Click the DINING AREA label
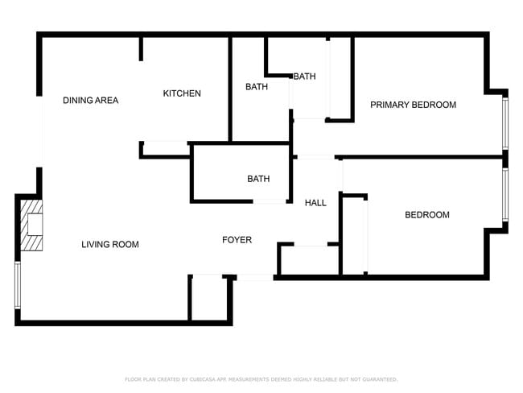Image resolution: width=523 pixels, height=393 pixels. click(x=91, y=101)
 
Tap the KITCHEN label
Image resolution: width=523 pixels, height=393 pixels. click(x=182, y=93)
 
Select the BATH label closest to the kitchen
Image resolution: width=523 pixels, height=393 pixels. click(x=257, y=87)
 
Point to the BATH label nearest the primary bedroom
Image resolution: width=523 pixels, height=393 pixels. click(x=304, y=77)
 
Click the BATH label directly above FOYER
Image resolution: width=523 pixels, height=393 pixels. click(x=258, y=179)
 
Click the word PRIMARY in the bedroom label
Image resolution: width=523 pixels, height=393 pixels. click(x=389, y=105)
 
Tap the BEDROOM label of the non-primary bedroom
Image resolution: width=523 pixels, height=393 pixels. click(x=426, y=215)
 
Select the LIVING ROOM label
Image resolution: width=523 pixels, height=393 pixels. click(x=110, y=244)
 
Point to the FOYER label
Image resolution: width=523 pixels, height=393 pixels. click(x=237, y=240)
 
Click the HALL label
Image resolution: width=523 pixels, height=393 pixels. click(x=315, y=203)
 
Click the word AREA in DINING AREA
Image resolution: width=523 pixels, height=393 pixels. click(x=106, y=101)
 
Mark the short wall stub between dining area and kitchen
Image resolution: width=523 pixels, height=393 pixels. click(x=141, y=48)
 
